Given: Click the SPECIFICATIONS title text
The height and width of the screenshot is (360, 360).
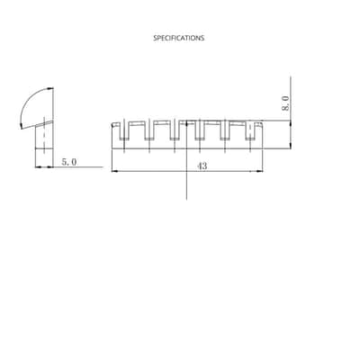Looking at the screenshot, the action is pyautogui.click(x=179, y=38).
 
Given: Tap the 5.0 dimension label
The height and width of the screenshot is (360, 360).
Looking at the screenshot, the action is pyautogui.click(x=69, y=162).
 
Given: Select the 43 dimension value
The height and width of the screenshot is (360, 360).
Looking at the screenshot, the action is pyautogui.click(x=202, y=166).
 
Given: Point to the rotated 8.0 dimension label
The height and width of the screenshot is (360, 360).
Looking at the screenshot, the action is pyautogui.click(x=286, y=103).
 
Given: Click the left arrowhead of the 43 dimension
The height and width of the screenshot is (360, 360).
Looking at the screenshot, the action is pyautogui.click(x=115, y=171).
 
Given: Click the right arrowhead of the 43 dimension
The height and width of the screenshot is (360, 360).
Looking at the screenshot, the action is pyautogui.click(x=259, y=171).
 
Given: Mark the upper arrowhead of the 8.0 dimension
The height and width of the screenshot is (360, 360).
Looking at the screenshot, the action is pyautogui.click(x=291, y=124).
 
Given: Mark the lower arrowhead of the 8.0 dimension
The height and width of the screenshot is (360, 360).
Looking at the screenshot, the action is pyautogui.click(x=291, y=145).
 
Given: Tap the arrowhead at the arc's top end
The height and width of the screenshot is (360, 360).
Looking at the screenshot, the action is pyautogui.click(x=49, y=88).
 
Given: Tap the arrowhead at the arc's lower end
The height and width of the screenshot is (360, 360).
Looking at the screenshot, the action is pyautogui.click(x=21, y=125).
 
